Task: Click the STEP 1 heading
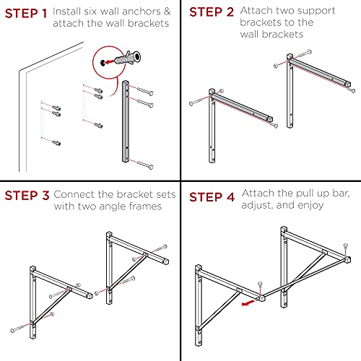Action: click(x=26, y=14)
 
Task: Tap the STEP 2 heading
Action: click(x=212, y=12)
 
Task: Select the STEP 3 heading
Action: click(x=27, y=196)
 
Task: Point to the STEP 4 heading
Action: click(x=212, y=197)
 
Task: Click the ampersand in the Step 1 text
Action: click(x=167, y=12)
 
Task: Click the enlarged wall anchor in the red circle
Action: click(x=128, y=58)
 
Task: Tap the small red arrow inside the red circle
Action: click(x=110, y=62)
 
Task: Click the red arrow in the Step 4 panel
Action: click(x=248, y=303)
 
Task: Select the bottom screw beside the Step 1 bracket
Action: click(x=144, y=165)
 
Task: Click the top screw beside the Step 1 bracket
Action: click(x=144, y=91)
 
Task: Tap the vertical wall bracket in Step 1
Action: click(x=126, y=121)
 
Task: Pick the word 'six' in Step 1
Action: click(x=90, y=12)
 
